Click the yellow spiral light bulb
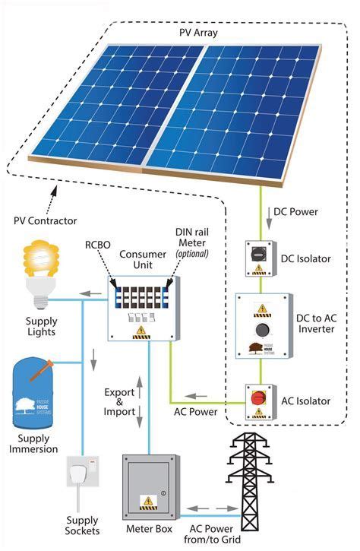click(38, 262)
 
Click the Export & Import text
click(121, 401)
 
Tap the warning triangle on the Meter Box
click(145, 500)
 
